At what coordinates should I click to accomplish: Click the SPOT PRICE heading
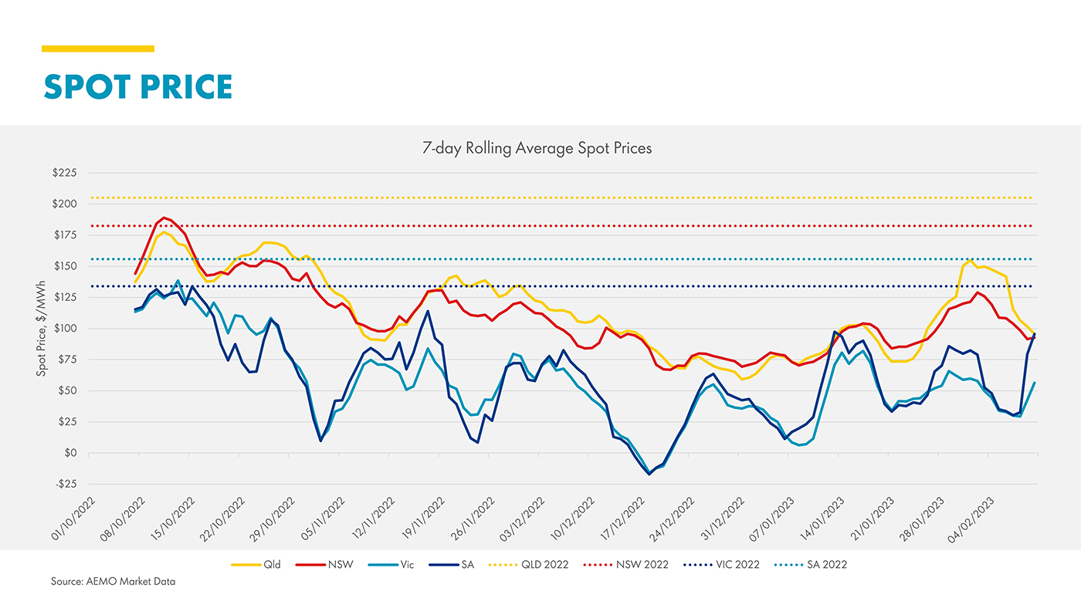pos(137,86)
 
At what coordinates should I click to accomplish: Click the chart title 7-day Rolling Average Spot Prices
pos(537,148)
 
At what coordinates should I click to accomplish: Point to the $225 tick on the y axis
pos(64,173)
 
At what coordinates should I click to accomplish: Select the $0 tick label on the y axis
pos(70,453)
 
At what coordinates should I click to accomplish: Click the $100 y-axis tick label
pos(64,329)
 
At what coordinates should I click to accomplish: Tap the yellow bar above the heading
pos(98,49)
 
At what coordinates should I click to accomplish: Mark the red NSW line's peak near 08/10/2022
pos(164,218)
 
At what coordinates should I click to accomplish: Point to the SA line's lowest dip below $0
pos(649,474)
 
